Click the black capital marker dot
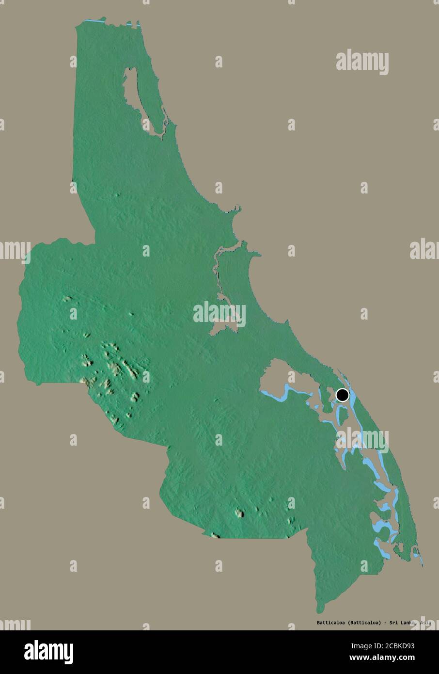coord(342,395)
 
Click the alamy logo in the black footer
coord(48,652)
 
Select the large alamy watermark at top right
coord(362,62)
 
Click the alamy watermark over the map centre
coord(219,314)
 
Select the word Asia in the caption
coord(424,623)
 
